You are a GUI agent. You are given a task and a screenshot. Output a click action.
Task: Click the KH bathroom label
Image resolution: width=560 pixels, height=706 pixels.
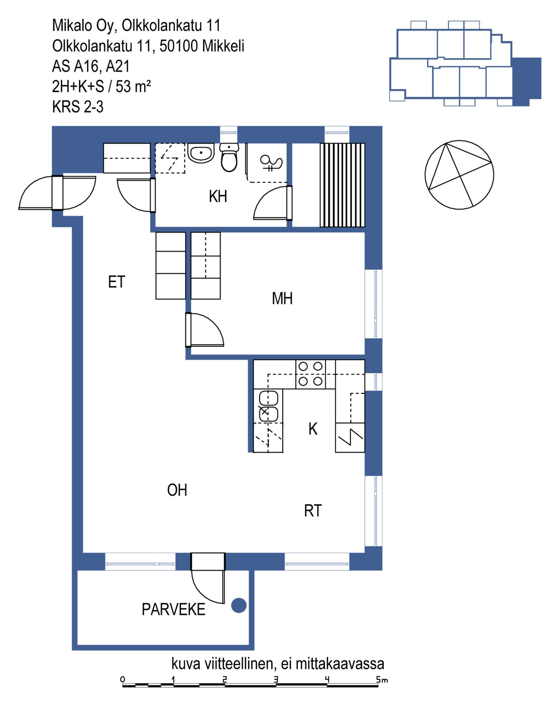[218, 196]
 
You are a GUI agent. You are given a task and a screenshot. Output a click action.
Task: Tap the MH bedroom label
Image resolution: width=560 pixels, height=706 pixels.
[282, 298]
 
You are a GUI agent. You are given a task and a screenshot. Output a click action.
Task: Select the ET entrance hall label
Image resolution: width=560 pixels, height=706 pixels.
[117, 282]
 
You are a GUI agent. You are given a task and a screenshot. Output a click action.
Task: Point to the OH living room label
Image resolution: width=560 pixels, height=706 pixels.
[177, 490]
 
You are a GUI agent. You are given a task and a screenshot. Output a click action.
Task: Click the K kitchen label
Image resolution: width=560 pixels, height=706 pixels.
[313, 429]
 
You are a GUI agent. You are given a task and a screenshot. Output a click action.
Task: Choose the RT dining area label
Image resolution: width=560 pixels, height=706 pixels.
[313, 511]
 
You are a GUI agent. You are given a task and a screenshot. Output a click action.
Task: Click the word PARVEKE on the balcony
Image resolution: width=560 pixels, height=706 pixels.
[174, 609]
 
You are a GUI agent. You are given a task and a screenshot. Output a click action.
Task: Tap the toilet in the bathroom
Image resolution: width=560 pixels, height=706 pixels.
[229, 157]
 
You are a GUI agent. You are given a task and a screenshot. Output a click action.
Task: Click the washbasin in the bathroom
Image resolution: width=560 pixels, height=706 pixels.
[201, 153]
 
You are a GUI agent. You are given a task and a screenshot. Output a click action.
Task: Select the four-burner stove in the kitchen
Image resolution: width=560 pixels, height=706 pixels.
[310, 374]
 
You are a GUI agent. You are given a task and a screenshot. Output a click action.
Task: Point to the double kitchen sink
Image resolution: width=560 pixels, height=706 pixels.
[268, 406]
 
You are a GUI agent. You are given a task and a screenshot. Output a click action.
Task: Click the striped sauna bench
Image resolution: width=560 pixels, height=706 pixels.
[342, 185]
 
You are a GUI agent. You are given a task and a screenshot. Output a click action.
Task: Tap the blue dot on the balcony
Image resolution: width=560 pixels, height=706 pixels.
[239, 605]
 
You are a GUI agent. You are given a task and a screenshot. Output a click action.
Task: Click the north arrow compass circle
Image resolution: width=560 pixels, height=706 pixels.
[459, 175]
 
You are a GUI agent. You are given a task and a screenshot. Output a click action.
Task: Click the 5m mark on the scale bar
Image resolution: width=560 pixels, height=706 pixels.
[382, 680]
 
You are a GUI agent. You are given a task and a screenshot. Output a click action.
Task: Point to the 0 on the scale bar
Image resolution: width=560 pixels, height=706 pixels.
[123, 679]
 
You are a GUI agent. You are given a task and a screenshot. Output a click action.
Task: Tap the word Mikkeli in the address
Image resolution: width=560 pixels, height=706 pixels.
[223, 46]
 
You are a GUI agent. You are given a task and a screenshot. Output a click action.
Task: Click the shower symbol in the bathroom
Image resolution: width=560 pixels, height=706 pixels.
[271, 163]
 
